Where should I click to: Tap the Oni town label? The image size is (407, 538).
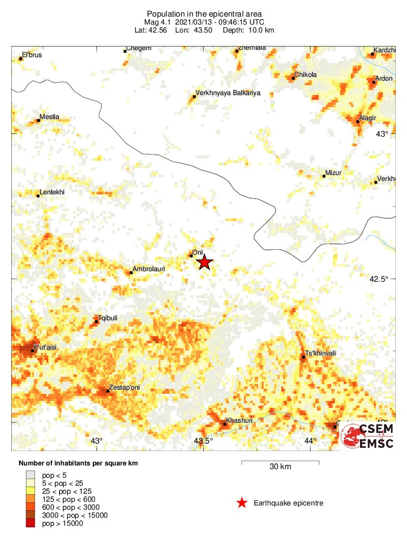click(198, 253)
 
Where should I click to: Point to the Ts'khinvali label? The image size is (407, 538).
click(322, 353)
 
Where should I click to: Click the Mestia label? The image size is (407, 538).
click(50, 117)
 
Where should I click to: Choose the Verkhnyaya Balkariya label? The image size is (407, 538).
click(228, 93)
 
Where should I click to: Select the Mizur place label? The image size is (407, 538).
click(333, 173)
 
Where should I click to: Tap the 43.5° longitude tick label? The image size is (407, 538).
click(203, 441)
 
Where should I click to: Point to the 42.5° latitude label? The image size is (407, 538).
click(381, 279)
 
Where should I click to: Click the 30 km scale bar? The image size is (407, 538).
click(280, 461)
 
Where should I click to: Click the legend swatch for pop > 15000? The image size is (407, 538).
click(31, 524)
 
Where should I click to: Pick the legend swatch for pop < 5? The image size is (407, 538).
click(31, 474)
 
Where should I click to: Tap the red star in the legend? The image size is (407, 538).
click(242, 502)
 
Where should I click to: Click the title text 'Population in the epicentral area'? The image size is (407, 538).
click(203, 13)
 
